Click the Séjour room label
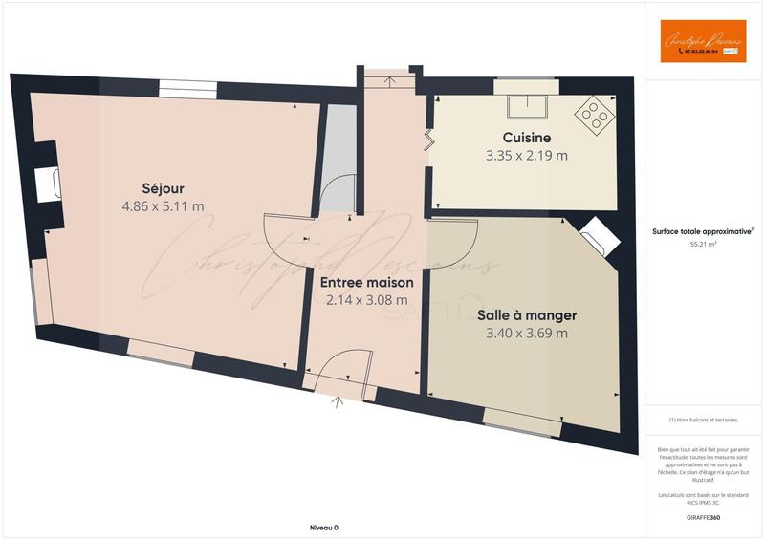[x=163, y=187]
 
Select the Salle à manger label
[x=527, y=314]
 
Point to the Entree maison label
[x=367, y=283]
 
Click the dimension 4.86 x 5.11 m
[x=163, y=205]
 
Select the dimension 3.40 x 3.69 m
[x=527, y=334]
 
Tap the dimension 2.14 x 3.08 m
[x=367, y=300]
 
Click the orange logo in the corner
[x=703, y=41]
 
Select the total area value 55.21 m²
[x=704, y=245]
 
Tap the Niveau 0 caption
[x=324, y=528]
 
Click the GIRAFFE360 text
[x=704, y=517]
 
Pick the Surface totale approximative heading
[x=703, y=231]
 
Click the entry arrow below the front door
[x=338, y=402]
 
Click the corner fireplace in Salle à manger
[x=596, y=235]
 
